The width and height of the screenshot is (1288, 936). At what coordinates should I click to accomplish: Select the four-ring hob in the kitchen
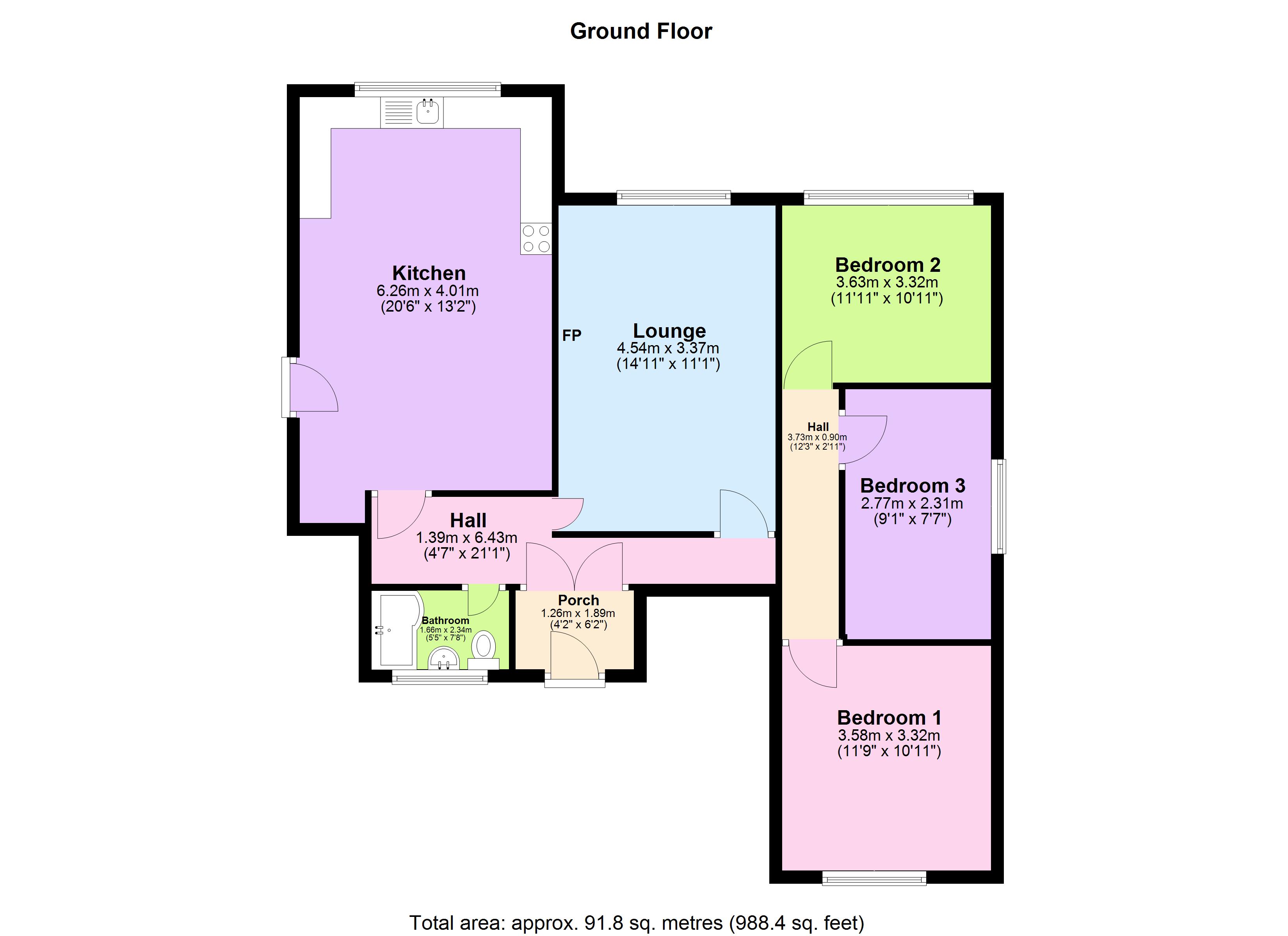[536, 238]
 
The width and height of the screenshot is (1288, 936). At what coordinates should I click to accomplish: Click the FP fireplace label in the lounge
[571, 335]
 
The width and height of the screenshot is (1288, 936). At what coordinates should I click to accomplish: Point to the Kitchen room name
[429, 273]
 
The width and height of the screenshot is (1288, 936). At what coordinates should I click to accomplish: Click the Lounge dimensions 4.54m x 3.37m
[668, 348]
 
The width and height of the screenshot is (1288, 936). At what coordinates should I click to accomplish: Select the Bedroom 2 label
[887, 265]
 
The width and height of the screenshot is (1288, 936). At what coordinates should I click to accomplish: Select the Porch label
[578, 600]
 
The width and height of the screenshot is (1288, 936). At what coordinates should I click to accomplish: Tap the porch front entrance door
[574, 658]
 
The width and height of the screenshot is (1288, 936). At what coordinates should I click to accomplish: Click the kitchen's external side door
[311, 388]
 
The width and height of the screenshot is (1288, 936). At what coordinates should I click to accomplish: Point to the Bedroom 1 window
[874, 879]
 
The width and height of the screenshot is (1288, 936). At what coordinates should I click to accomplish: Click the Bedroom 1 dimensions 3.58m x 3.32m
[889, 736]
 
